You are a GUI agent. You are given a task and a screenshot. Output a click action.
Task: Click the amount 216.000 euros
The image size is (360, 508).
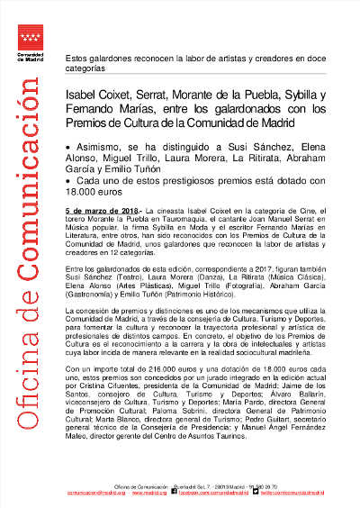click(156, 370)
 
